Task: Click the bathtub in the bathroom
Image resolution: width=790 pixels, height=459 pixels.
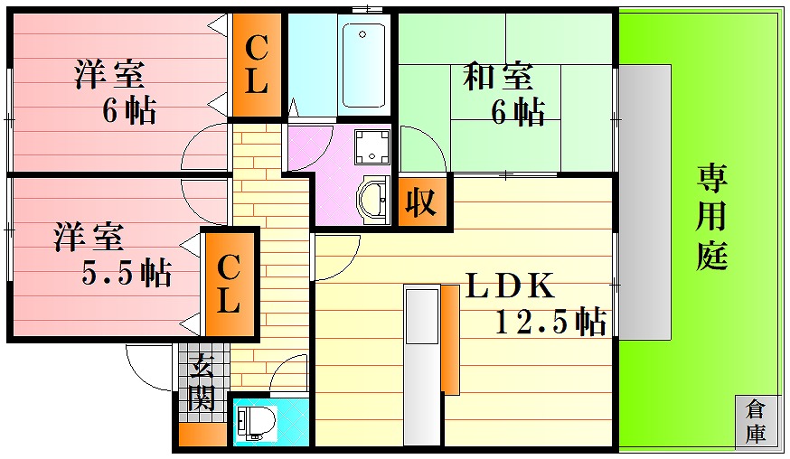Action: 363,64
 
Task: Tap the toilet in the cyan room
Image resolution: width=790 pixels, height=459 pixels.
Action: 257,418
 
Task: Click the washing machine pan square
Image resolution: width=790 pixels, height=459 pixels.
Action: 372,146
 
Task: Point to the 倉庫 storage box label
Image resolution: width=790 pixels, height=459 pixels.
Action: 755,422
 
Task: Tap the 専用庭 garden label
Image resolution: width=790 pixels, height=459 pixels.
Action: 712,216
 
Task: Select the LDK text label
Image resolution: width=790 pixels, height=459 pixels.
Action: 510,286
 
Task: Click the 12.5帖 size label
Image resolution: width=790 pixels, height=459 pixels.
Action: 550,321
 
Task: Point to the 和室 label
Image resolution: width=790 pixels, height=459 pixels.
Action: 497,76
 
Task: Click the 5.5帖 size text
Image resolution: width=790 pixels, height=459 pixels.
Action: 127,273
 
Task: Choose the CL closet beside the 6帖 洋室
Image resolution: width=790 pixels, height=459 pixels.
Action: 257,64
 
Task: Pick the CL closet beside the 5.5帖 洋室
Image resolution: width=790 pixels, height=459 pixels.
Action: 229,284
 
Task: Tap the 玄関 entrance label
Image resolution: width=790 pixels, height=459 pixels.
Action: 202,382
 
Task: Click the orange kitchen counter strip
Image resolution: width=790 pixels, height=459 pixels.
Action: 450,340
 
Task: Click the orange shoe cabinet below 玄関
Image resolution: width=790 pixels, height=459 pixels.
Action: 202,435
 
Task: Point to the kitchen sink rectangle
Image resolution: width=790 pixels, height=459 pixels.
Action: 422,316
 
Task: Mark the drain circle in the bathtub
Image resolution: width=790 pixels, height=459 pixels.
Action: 362,34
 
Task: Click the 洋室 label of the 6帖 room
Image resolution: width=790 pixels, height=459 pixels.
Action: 110,75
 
